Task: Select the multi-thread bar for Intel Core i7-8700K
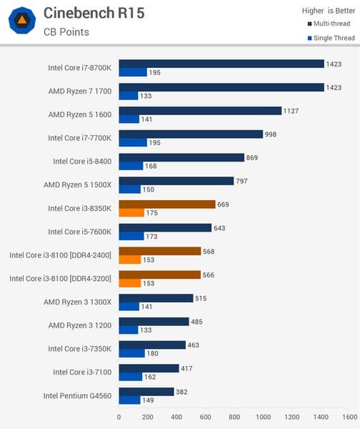tap(221, 64)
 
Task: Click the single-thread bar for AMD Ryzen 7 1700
tap(129, 96)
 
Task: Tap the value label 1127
tap(294, 111)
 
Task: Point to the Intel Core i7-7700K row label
tap(79, 138)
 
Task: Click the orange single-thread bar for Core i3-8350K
tap(131, 212)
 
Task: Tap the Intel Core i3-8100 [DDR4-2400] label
tap(61, 255)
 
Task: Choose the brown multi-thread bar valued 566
tap(159, 275)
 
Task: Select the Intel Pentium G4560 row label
tap(77, 395)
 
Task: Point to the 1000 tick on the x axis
tap(263, 417)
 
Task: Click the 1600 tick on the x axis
tap(349, 417)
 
